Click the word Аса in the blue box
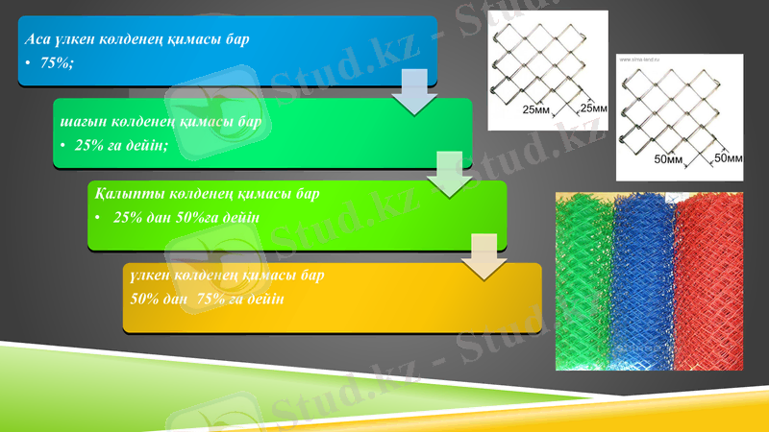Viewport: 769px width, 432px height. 36,39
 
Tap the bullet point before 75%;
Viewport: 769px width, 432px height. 28,62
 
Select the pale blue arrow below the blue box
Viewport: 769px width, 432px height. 414,91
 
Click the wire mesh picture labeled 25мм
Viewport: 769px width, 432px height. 548,67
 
